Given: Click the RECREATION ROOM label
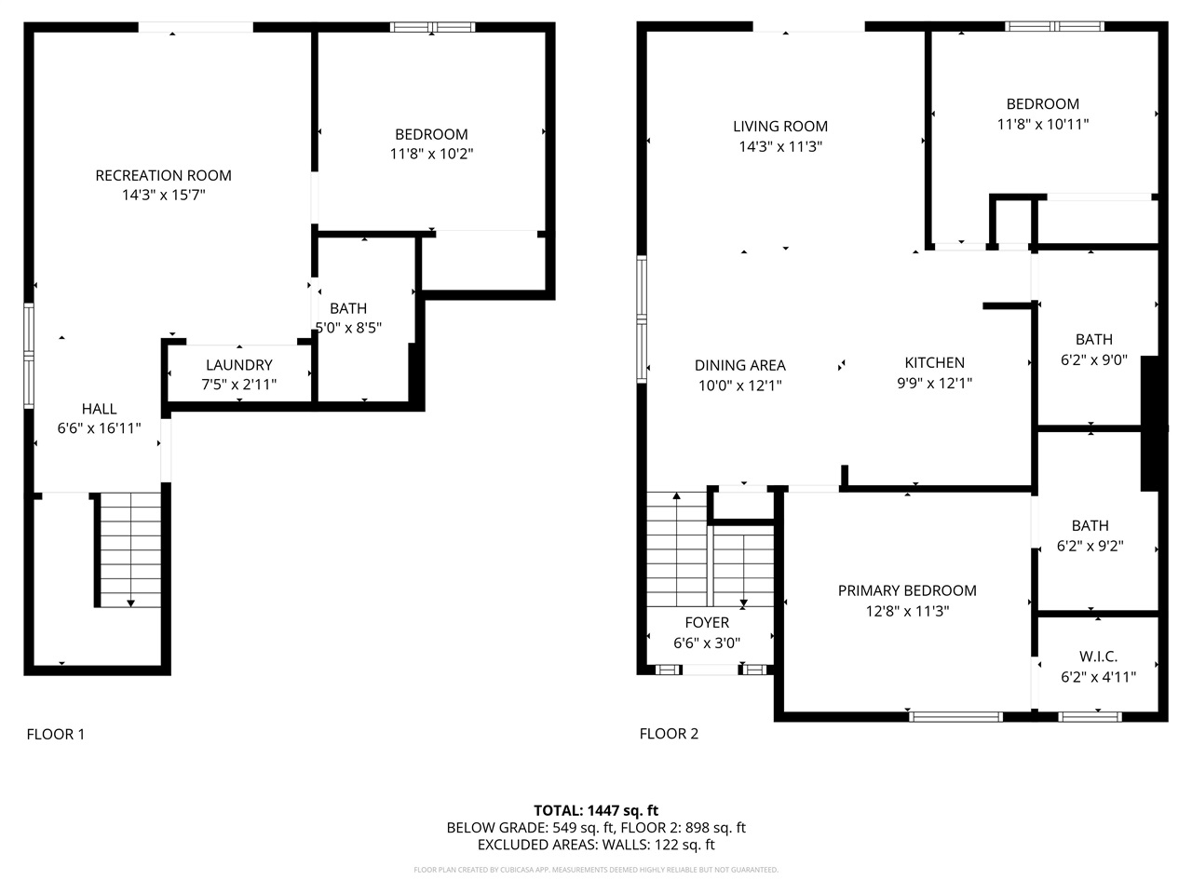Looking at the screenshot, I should coord(163,175).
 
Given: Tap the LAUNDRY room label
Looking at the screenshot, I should coord(239,365).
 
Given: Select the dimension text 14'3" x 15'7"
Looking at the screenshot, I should coord(163,196).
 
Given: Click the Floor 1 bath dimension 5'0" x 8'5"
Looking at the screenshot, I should coord(348,328).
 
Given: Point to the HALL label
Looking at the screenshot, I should coord(99,409).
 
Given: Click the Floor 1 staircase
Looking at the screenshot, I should coord(130,549).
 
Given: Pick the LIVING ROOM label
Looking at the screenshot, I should coord(779,127).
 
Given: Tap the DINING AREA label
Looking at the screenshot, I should coord(739,365).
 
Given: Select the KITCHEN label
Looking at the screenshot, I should coord(934,362).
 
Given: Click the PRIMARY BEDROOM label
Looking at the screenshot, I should coord(906,590).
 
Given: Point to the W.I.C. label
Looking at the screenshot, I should coord(1098,657).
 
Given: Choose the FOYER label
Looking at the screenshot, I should coord(707,622).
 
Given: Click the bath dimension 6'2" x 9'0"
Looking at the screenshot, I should coord(1093,359).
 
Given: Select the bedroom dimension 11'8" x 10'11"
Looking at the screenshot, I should coord(1042,124).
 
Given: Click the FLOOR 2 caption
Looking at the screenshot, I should coord(668,734).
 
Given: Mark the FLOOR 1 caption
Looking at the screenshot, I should coord(55,734).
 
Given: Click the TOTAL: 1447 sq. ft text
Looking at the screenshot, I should coord(595,810).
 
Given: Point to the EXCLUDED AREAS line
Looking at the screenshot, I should coord(595,846).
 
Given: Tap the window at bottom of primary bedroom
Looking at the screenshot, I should coord(955,716).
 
